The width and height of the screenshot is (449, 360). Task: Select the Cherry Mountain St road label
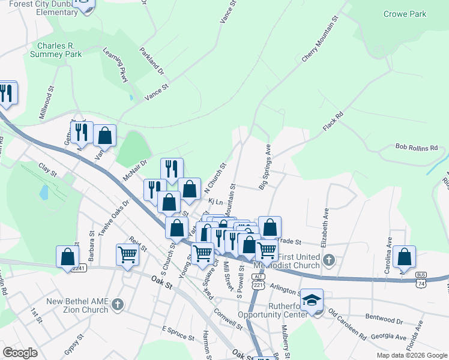[321, 39]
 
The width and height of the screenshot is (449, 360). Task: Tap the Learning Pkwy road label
[116, 65]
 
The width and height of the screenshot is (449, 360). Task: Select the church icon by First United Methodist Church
[328, 260]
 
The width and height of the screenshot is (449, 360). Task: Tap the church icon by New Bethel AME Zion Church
[118, 304]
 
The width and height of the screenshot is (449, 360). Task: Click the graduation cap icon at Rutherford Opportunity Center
[312, 299]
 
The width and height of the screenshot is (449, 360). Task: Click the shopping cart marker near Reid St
[127, 255]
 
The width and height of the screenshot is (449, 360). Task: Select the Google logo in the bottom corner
[20, 353]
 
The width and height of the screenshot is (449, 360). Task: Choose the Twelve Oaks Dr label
[113, 215]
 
